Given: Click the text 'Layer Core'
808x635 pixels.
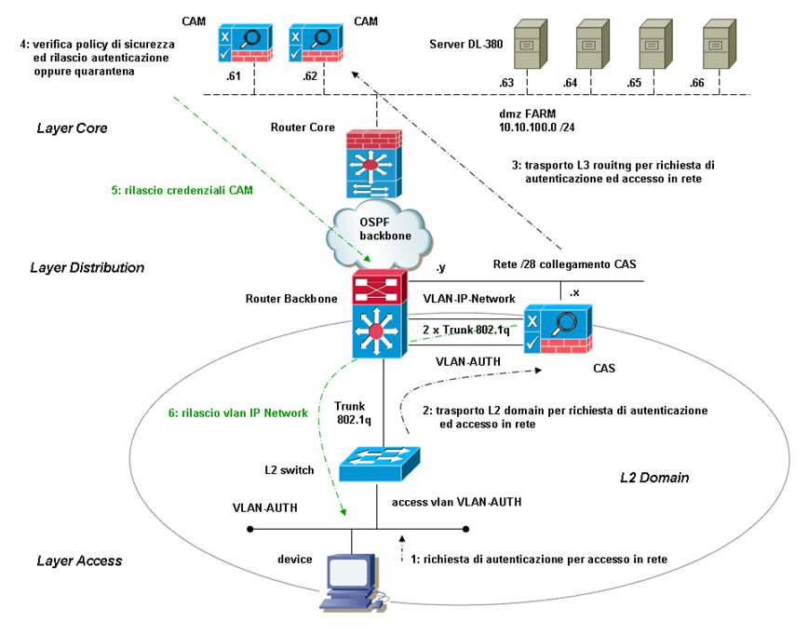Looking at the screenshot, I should click(x=73, y=128).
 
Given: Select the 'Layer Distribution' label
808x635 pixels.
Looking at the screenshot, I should click(x=87, y=267).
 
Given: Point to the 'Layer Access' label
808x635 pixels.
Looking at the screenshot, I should click(x=79, y=561).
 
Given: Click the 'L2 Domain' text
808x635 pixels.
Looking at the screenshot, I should click(x=654, y=478).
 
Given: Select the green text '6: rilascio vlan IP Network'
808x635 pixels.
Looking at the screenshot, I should click(x=238, y=412).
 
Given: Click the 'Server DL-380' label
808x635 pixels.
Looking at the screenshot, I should click(x=471, y=44).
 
